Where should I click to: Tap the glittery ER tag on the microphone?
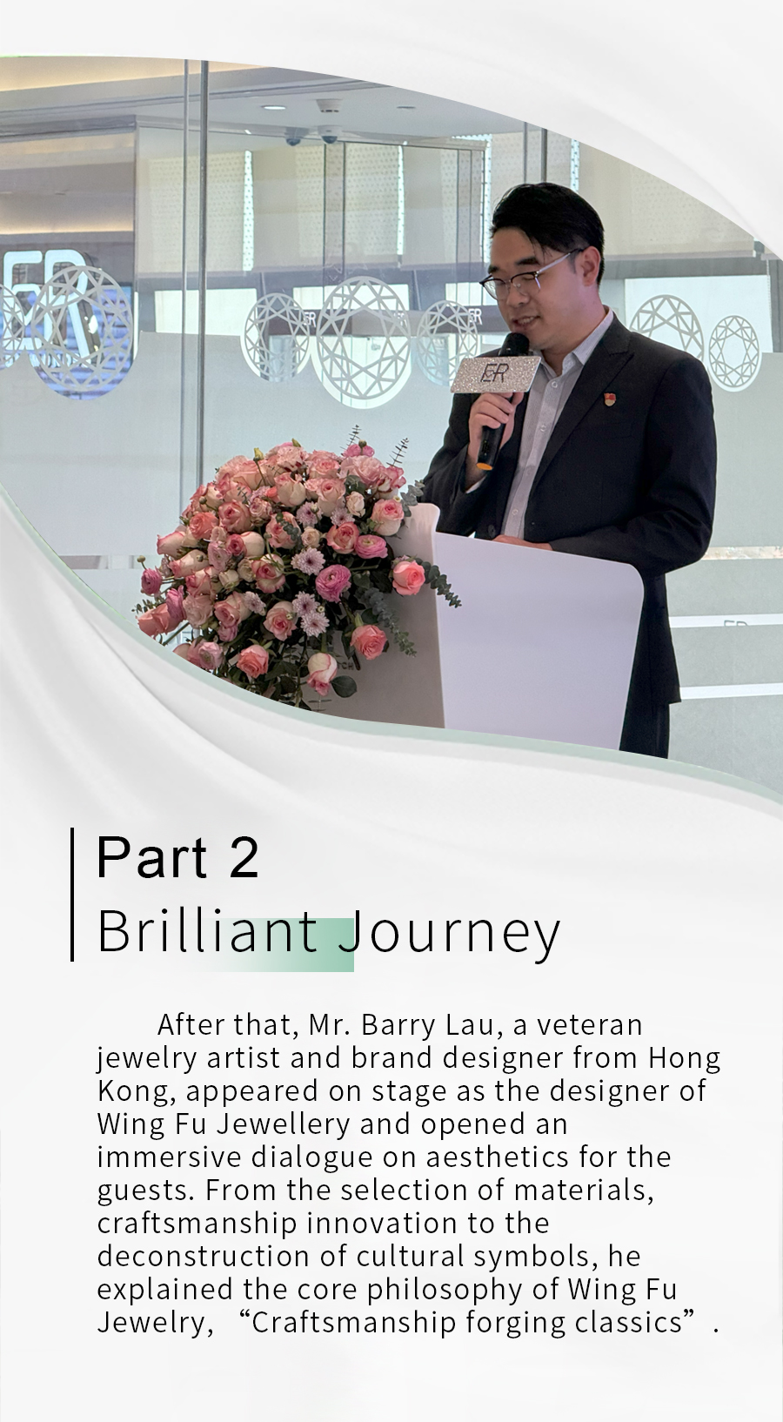pyautogui.click(x=495, y=374)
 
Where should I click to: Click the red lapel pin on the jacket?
pyautogui.click(x=611, y=399)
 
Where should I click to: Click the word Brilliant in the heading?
pyautogui.click(x=207, y=932)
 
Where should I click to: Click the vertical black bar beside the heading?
pyautogui.click(x=72, y=894)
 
